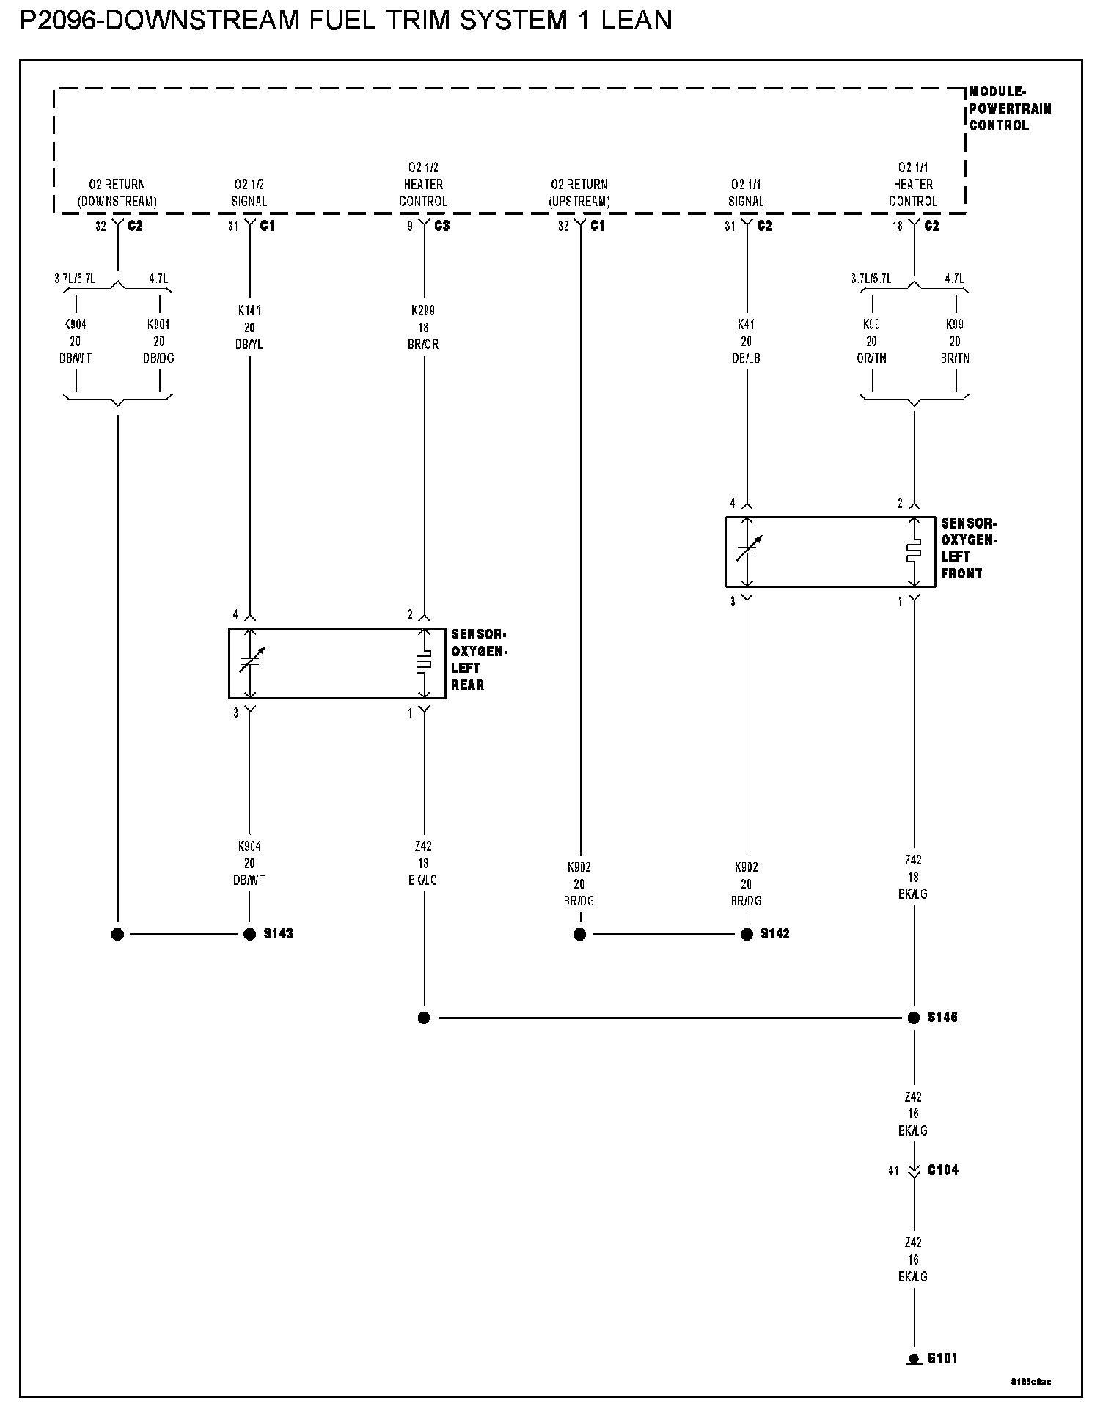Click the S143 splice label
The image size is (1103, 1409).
coord(278,933)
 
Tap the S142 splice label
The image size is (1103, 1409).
coord(774,933)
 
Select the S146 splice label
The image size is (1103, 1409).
coord(942,1017)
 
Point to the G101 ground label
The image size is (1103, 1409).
coord(942,1358)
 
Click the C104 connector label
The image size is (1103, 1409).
coord(942,1170)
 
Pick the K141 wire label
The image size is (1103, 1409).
coord(249,310)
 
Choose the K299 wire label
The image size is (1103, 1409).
coord(423,310)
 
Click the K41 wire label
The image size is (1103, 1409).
coord(746,324)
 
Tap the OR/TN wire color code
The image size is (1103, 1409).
coord(871,358)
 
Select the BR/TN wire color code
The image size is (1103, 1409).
coord(955,358)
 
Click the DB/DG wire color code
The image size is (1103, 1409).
coord(158,358)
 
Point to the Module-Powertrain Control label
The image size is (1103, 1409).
coord(1009,108)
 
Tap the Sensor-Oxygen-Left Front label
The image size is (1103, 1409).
coord(969,548)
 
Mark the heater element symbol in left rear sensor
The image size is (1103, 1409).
coord(423,663)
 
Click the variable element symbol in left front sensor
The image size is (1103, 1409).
coord(747,551)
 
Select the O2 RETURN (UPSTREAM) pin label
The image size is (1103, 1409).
coord(579,192)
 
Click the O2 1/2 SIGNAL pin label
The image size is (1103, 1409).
coord(249,192)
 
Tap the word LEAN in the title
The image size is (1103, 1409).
coord(636,20)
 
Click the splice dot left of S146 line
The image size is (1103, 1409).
coord(424,1018)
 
